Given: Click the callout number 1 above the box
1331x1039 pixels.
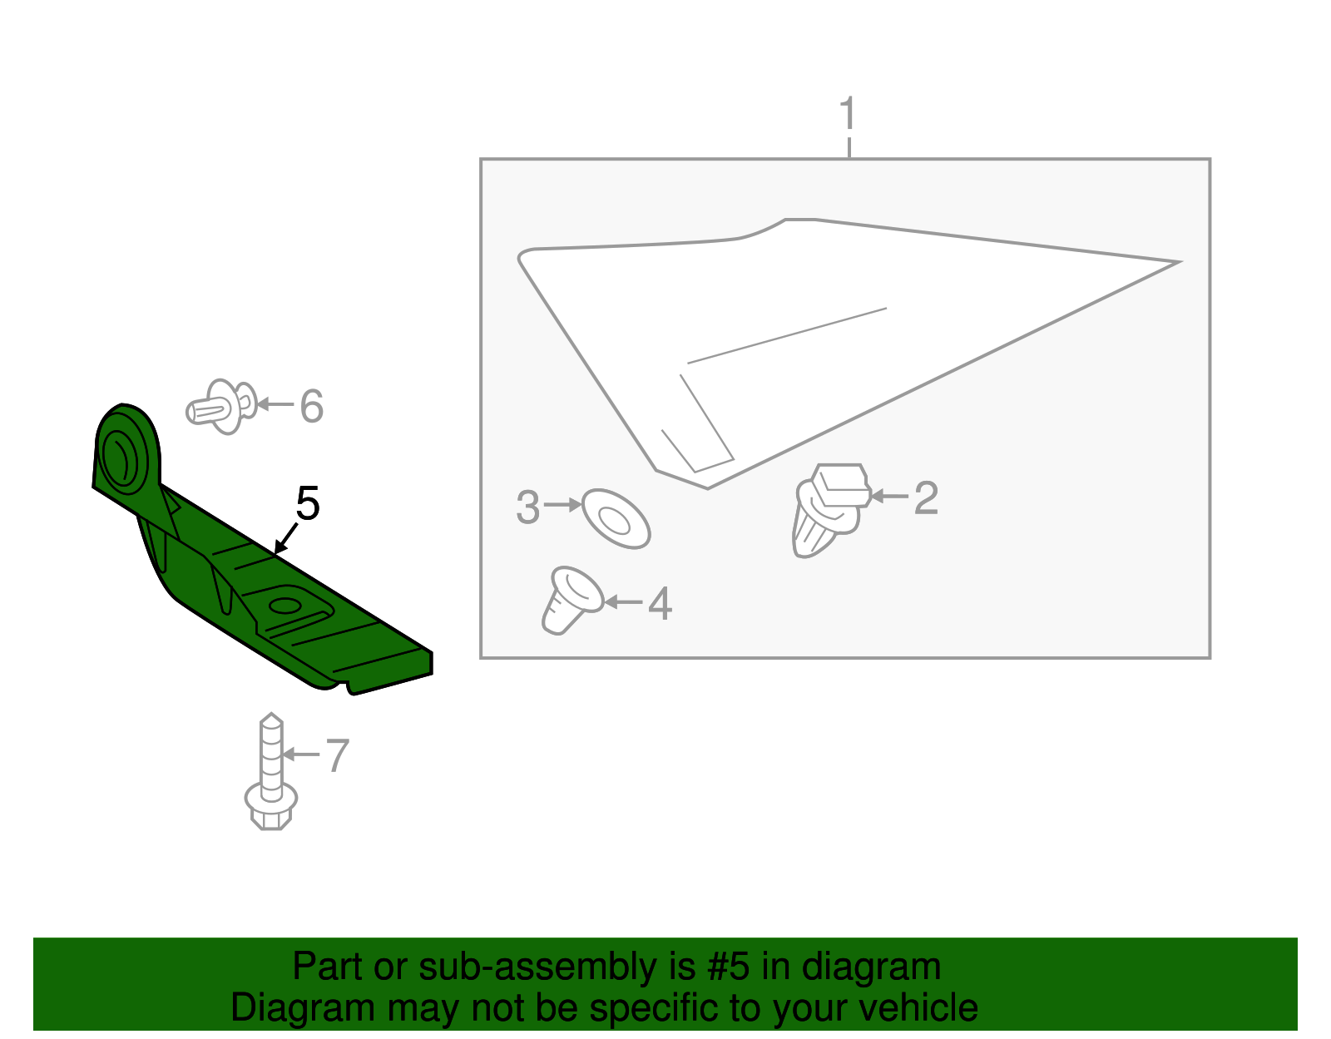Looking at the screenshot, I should (848, 115).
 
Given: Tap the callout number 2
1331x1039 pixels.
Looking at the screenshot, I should (926, 498).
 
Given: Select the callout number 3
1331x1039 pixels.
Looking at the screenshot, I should (528, 507).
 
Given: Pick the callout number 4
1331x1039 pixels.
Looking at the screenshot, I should (660, 604).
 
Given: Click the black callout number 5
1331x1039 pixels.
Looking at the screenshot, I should (308, 504).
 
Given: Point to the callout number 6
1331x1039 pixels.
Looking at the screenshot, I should (311, 407).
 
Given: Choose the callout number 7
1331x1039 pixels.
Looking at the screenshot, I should (337, 756).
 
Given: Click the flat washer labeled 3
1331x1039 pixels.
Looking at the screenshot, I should (616, 519).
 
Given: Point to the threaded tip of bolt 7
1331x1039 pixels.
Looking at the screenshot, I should (271, 722).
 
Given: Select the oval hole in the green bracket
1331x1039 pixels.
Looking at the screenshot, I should (285, 605).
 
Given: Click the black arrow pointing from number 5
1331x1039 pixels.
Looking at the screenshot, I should (285, 538).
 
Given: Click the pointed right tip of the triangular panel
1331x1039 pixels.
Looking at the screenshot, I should (1175, 263).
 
